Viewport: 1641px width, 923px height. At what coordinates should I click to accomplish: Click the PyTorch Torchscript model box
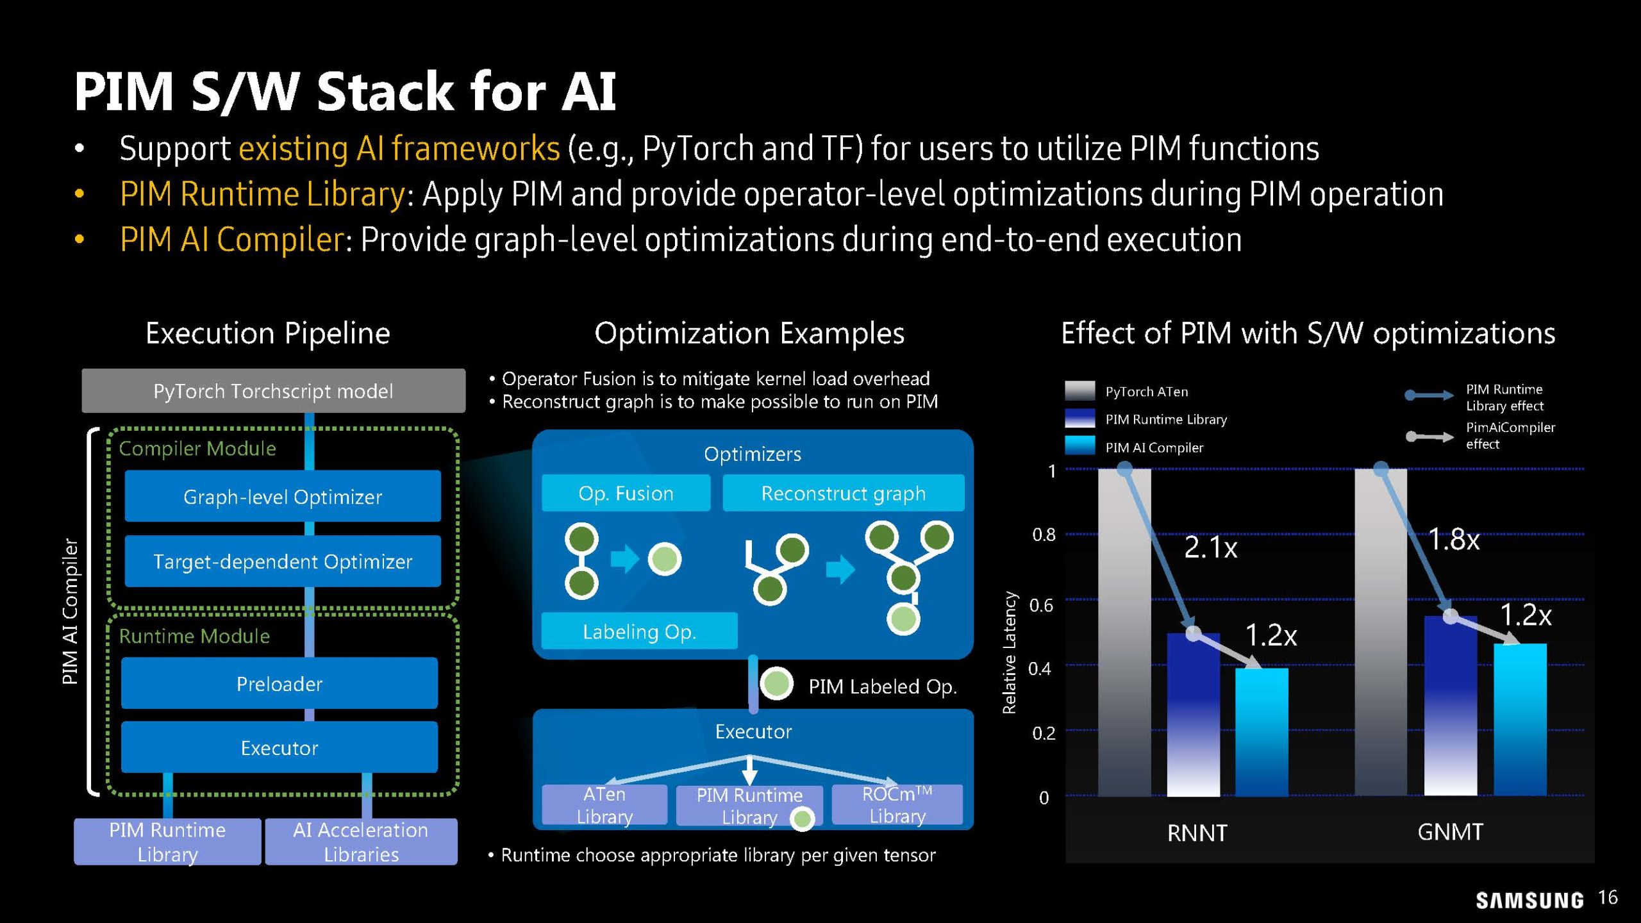click(x=273, y=390)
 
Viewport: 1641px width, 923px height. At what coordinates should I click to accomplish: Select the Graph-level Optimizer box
click(x=283, y=496)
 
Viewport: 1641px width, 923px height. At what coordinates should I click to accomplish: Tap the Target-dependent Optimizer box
click(x=283, y=561)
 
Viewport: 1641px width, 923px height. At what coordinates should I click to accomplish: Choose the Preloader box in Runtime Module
click(x=279, y=683)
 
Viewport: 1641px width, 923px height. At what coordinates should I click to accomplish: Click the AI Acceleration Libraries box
click(x=361, y=842)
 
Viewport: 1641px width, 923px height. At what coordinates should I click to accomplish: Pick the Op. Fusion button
click(x=626, y=493)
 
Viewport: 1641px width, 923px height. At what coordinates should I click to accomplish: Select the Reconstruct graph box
click(x=843, y=493)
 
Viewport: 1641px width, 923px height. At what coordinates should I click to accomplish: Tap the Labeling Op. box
click(x=639, y=631)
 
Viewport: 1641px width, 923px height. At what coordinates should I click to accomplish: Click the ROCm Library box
click(x=897, y=804)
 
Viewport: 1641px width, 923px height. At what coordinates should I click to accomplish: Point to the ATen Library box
click(x=604, y=804)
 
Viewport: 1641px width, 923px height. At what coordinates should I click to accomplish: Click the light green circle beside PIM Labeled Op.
click(x=776, y=683)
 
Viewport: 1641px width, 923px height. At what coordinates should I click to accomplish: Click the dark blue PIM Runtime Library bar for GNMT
click(x=1450, y=705)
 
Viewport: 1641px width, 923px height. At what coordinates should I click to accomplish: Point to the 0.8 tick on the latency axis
click(x=1044, y=535)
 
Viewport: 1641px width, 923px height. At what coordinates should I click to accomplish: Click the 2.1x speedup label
click(x=1210, y=547)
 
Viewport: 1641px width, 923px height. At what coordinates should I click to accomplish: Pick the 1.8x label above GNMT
click(x=1454, y=540)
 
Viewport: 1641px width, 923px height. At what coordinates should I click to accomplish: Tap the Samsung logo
click(x=1529, y=900)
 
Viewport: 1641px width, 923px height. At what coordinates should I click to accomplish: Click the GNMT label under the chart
click(x=1450, y=832)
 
